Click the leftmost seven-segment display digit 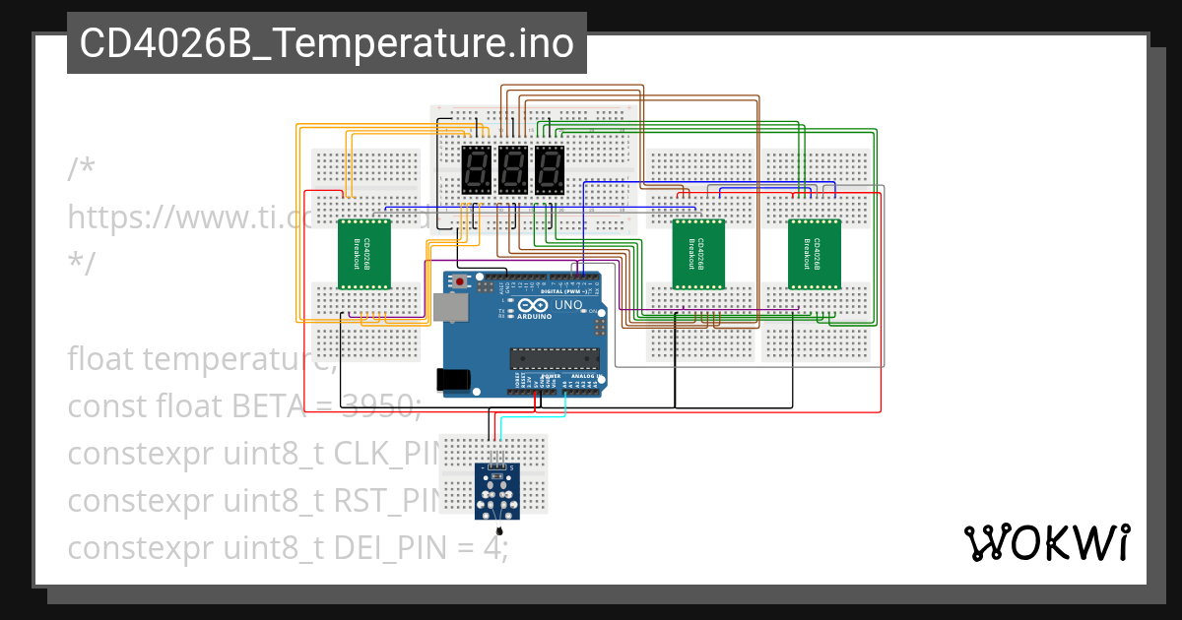click(477, 170)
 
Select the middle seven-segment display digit click(513, 170)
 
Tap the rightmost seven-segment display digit click(550, 170)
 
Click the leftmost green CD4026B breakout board click(364, 254)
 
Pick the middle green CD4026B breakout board click(698, 254)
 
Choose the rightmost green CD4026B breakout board click(815, 254)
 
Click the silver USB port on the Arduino click(452, 309)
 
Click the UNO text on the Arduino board click(569, 306)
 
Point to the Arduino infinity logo click(538, 307)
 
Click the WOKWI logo click(1045, 542)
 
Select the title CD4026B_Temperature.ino click(326, 43)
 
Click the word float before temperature click(103, 359)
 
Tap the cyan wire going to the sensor click(532, 417)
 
